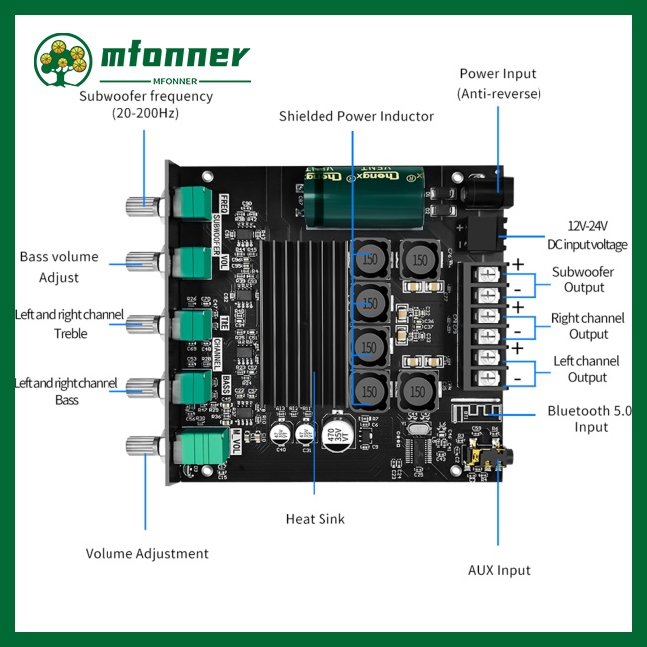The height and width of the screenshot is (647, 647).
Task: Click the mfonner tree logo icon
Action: click(x=64, y=61)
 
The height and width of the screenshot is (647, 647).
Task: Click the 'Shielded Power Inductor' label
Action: click(x=355, y=116)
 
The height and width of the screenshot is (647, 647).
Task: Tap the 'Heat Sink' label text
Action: click(x=314, y=519)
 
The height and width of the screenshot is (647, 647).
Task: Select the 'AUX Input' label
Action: click(x=499, y=570)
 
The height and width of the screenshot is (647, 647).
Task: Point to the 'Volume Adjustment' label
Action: click(x=146, y=554)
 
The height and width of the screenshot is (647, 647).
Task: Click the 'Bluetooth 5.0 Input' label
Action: click(x=590, y=419)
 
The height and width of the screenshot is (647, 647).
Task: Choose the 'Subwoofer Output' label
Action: click(x=582, y=280)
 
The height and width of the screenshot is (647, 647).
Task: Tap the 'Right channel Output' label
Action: click(x=588, y=325)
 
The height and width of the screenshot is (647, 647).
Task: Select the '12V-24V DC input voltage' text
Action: click(x=587, y=235)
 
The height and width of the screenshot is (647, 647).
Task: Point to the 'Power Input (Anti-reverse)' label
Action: click(x=499, y=84)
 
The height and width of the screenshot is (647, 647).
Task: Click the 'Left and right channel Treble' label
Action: click(x=70, y=324)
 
